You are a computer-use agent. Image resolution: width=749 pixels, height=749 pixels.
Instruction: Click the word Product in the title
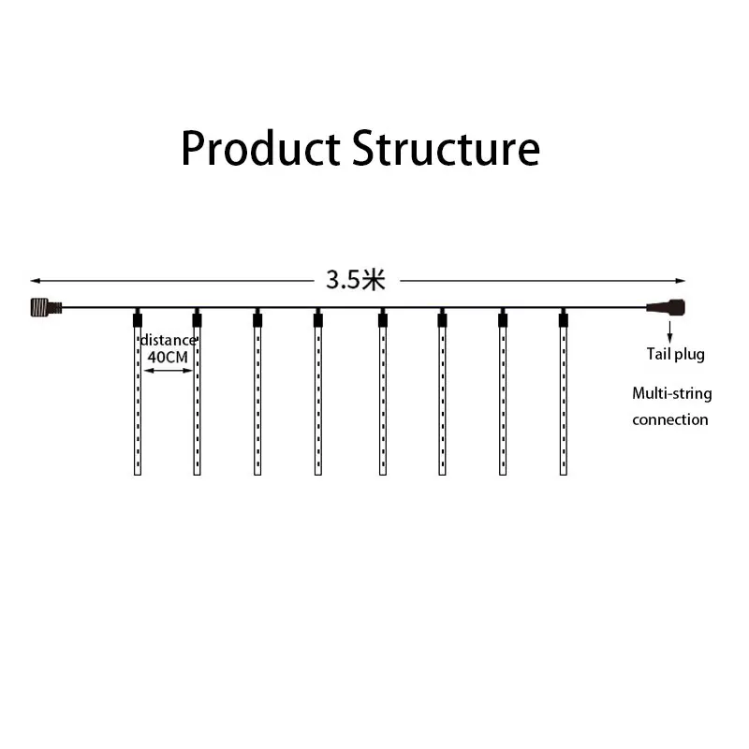click(x=261, y=149)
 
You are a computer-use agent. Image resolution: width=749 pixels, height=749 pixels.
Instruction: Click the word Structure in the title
click(x=446, y=149)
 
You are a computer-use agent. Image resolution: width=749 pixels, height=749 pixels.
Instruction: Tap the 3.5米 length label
click(x=356, y=280)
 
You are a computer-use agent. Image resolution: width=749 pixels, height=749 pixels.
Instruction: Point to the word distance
click(x=169, y=340)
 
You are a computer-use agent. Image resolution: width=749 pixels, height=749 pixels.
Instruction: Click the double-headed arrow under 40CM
click(x=168, y=372)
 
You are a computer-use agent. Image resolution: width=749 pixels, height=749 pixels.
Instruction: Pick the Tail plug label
click(x=675, y=354)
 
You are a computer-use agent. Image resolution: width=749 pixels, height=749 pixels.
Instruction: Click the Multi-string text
click(x=671, y=393)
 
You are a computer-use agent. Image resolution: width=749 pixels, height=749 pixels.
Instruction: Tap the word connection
click(x=669, y=419)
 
